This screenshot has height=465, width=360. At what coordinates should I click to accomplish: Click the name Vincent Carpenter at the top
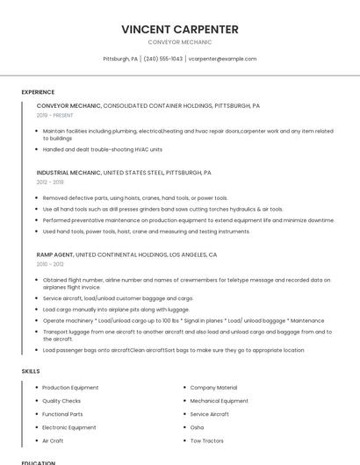[180, 29]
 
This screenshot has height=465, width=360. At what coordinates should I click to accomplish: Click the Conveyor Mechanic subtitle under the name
[180, 42]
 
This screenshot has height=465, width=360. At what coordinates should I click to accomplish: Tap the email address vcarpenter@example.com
[223, 59]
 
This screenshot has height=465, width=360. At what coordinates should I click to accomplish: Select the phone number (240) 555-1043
[162, 59]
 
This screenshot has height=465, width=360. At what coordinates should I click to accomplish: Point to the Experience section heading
[38, 92]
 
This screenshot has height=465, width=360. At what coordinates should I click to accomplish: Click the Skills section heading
[31, 371]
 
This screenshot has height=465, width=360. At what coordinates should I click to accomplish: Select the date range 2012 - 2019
[50, 182]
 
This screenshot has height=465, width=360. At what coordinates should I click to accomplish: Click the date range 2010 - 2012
[50, 263]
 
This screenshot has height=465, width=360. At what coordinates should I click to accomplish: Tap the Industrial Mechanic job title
[68, 173]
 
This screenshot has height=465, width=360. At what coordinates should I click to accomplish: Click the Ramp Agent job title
[55, 254]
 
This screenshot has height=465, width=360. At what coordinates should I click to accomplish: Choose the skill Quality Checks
[61, 401]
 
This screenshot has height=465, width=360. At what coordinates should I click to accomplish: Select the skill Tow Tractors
[207, 440]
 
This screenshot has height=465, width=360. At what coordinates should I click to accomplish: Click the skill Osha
[197, 427]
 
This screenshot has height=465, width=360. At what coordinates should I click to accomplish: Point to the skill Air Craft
[53, 440]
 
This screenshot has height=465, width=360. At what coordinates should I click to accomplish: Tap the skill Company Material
[213, 387]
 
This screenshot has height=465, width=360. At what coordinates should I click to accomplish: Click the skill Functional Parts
[62, 414]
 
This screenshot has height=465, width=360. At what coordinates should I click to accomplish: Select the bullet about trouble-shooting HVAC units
[103, 149]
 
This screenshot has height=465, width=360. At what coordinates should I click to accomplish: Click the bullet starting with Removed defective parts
[135, 197]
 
